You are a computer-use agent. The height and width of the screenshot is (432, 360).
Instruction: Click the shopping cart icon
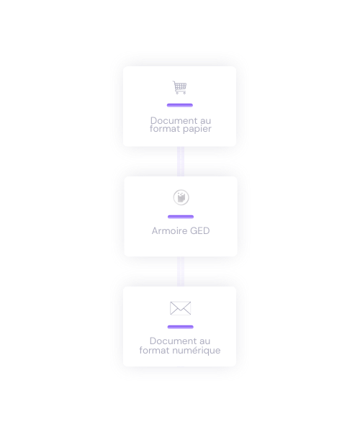pos(179,87)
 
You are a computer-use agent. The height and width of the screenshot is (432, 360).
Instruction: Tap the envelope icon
pos(181,308)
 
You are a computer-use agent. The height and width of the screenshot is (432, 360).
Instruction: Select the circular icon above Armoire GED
pos(181,197)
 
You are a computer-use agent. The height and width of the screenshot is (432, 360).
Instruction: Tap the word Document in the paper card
pos(174,120)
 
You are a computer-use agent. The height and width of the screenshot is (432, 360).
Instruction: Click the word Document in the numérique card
pos(173,341)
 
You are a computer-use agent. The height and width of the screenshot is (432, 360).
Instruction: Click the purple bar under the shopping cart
pos(180,105)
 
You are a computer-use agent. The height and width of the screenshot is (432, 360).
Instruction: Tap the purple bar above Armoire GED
pos(181,217)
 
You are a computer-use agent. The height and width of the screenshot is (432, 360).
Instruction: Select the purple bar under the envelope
pos(181,327)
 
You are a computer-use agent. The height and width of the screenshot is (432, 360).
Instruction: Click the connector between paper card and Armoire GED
pos(181,161)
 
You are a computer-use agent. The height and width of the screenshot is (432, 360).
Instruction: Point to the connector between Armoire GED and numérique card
pos(181,271)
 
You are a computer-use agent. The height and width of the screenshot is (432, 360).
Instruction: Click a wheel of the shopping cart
pos(177,93)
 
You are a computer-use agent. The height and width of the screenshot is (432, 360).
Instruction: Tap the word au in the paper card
pos(205,121)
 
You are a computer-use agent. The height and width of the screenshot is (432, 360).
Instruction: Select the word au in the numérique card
pos(204,341)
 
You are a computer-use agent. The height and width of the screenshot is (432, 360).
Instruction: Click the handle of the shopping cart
pos(174,82)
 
